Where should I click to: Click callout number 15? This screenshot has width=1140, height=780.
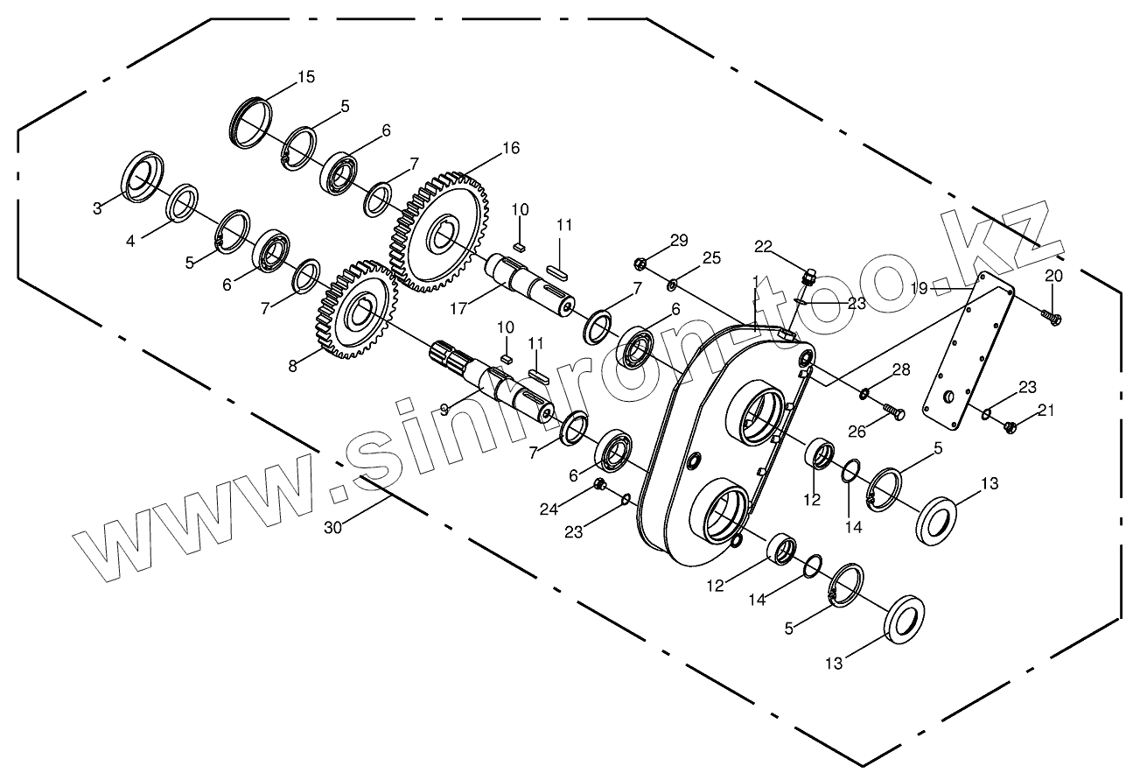point(306,77)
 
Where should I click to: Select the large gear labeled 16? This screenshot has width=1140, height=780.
point(439,232)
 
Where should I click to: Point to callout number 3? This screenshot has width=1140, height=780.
point(97,208)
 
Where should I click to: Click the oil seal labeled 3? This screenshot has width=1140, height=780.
point(143,177)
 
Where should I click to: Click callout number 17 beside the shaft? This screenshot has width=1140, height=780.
point(458,308)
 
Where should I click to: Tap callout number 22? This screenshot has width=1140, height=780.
point(763,247)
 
